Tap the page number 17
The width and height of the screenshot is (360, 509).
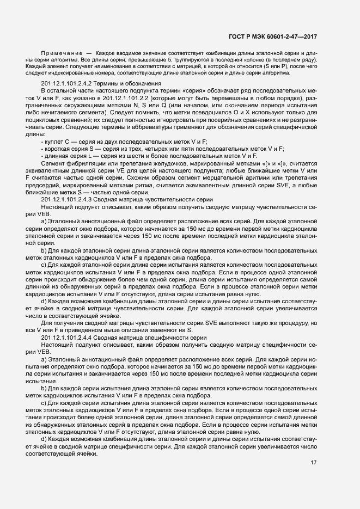coord(313,463)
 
